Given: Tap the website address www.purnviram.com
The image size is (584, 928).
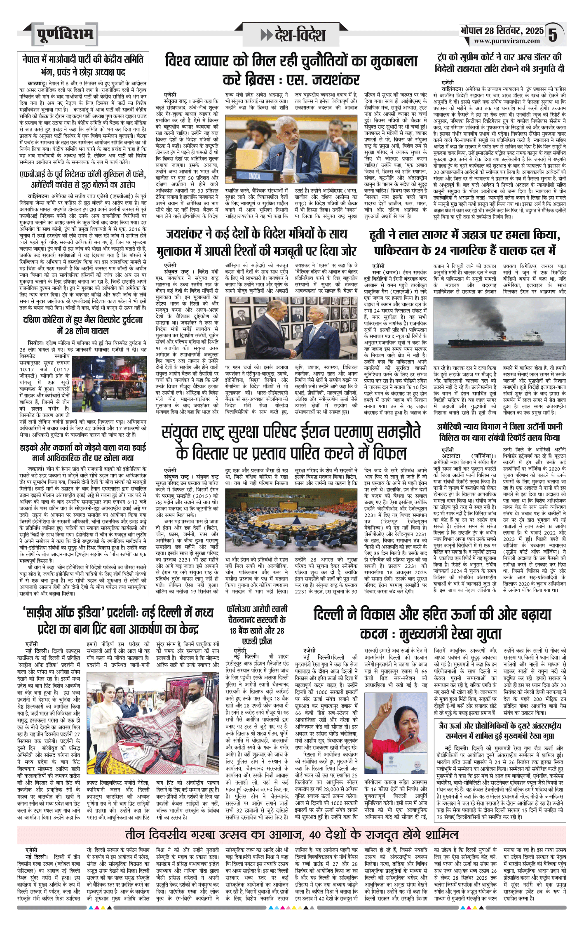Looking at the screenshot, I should [507, 41].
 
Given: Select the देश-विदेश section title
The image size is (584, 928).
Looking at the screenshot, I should [293, 35].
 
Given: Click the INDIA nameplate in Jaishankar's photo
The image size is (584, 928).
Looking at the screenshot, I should [254, 176].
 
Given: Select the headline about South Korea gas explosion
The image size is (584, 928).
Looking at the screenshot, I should [83, 325].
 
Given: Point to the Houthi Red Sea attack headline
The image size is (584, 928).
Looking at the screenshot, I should [464, 242].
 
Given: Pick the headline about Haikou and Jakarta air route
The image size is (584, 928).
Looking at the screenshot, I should [83, 452].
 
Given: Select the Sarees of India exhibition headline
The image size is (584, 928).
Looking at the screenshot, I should [119, 620].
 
